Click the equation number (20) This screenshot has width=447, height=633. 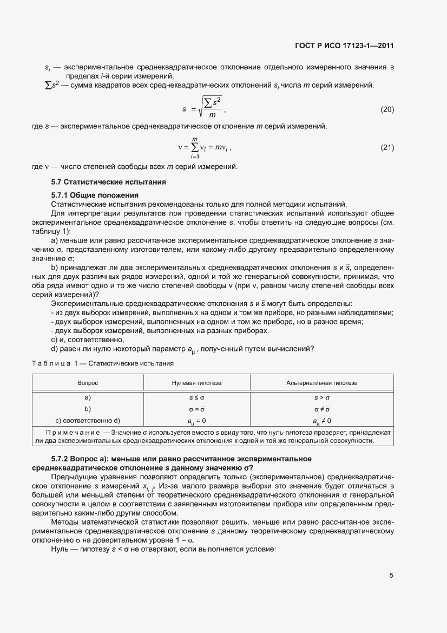pyautogui.click(x=387, y=109)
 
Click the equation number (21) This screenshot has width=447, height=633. pyautogui.click(x=387, y=147)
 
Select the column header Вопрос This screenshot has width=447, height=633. pyautogui.click(x=88, y=382)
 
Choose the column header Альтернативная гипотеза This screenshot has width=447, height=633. pyautogui.click(x=322, y=382)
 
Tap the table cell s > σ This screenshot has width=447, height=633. pyautogui.click(x=322, y=397)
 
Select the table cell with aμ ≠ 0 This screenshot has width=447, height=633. pyautogui.click(x=322, y=420)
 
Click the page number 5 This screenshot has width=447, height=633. pyautogui.click(x=391, y=576)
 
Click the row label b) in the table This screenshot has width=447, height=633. pyautogui.click(x=88, y=409)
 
